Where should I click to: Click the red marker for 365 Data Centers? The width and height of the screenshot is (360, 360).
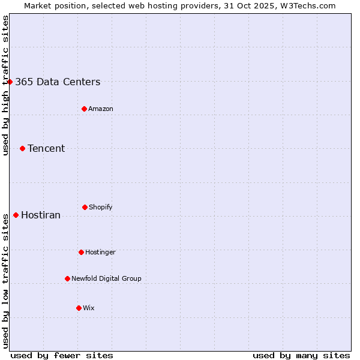(10, 82)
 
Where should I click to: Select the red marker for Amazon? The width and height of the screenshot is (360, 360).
(84, 109)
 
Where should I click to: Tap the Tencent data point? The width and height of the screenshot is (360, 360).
(22, 148)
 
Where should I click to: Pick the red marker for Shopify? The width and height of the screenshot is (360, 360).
(85, 207)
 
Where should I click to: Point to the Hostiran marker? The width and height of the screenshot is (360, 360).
(16, 215)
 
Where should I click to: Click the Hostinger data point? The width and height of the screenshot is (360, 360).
(81, 252)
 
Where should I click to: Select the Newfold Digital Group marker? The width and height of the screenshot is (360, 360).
(67, 278)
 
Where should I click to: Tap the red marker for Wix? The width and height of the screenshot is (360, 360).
(79, 308)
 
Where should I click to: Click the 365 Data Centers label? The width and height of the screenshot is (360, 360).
(58, 82)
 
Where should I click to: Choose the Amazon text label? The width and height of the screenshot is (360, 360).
(101, 109)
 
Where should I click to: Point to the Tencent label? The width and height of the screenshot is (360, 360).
(46, 149)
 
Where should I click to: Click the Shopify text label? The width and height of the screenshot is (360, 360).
(101, 208)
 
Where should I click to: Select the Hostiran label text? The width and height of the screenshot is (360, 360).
(41, 215)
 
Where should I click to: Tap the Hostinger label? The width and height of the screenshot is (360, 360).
(100, 253)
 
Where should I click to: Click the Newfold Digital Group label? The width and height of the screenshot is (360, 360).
(106, 279)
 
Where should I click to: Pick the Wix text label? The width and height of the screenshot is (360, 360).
(89, 308)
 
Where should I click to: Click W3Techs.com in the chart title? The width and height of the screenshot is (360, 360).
(306, 5)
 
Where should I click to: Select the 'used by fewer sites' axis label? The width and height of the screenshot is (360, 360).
(62, 355)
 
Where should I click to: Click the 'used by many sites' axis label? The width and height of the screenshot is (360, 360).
(301, 355)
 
